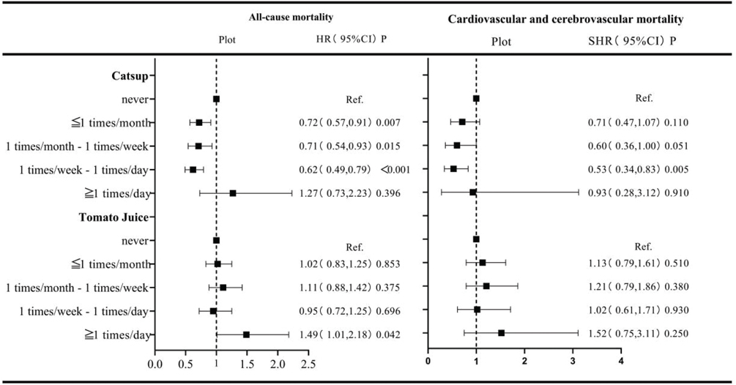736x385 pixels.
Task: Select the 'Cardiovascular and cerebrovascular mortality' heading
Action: click(565, 19)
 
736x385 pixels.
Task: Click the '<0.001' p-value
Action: click(394, 170)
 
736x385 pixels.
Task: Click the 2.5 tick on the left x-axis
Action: click(308, 362)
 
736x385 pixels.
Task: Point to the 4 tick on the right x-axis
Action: click(620, 361)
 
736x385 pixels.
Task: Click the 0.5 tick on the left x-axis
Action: click(185, 362)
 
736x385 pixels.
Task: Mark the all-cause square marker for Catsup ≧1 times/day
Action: click(233, 193)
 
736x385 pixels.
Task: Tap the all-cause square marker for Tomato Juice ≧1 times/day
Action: click(246, 334)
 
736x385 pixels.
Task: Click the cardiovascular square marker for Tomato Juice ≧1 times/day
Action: click(502, 333)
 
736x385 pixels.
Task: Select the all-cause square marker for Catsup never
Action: click(216, 99)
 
